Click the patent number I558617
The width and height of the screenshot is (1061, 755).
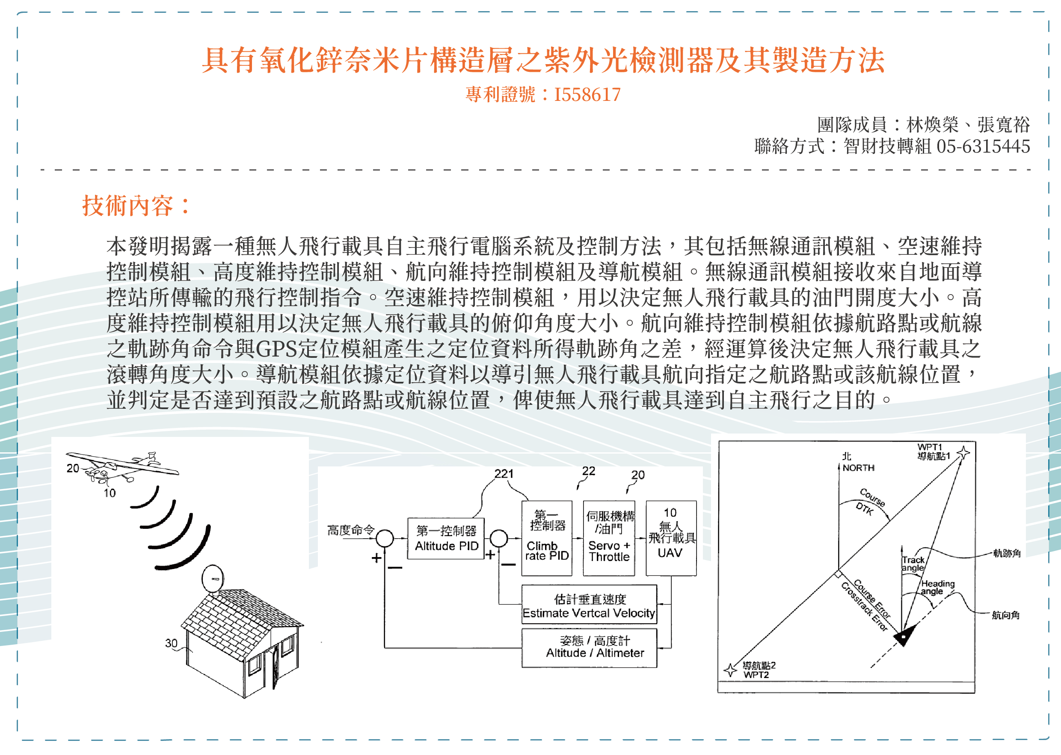point(587,95)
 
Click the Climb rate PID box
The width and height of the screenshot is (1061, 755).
point(547,538)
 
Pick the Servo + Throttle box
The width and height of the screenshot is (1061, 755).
point(609,538)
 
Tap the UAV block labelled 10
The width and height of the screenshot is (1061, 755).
point(671,538)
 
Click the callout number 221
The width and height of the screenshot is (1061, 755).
point(504,474)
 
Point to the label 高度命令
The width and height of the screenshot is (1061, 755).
point(351,530)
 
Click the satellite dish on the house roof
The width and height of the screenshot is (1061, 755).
point(213,579)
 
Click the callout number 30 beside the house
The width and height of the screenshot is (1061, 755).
point(171,643)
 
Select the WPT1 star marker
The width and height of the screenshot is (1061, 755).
point(963,452)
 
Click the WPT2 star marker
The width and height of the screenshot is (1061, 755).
point(731,669)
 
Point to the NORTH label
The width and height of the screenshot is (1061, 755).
point(858,468)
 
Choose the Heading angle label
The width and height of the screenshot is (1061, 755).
point(937,587)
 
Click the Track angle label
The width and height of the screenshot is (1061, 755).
point(913,564)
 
